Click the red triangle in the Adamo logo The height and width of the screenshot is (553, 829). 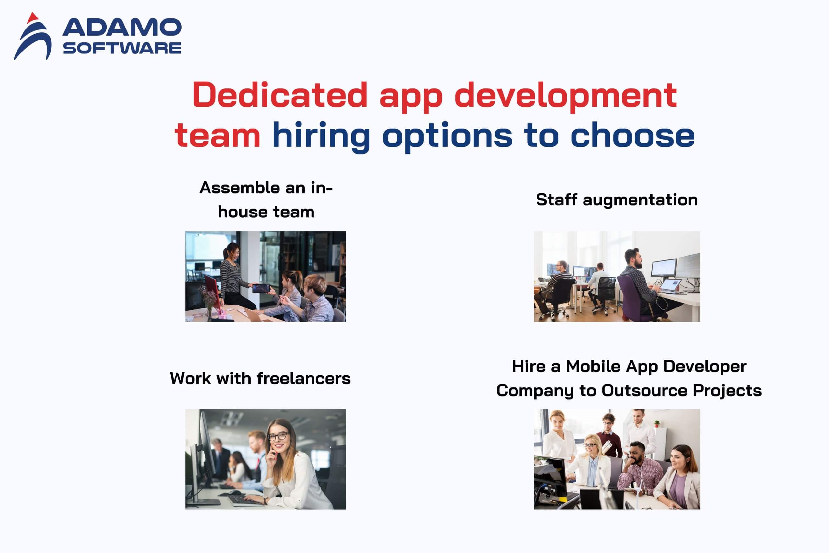(x=32, y=18)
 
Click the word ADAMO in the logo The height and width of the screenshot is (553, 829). (x=122, y=28)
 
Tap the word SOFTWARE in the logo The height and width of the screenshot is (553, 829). (x=122, y=48)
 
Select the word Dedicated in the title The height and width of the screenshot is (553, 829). (x=280, y=95)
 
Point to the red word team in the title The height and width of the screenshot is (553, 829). (x=218, y=135)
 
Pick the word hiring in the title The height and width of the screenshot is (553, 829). (x=322, y=137)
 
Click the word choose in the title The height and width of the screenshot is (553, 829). (x=632, y=135)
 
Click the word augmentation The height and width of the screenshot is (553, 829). (x=640, y=200)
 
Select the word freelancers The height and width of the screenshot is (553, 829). (x=303, y=378)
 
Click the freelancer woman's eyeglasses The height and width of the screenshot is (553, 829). (x=278, y=437)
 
